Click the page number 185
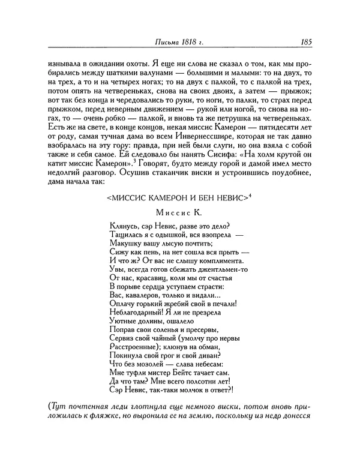tap(301, 42)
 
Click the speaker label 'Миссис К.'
tap(178, 212)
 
